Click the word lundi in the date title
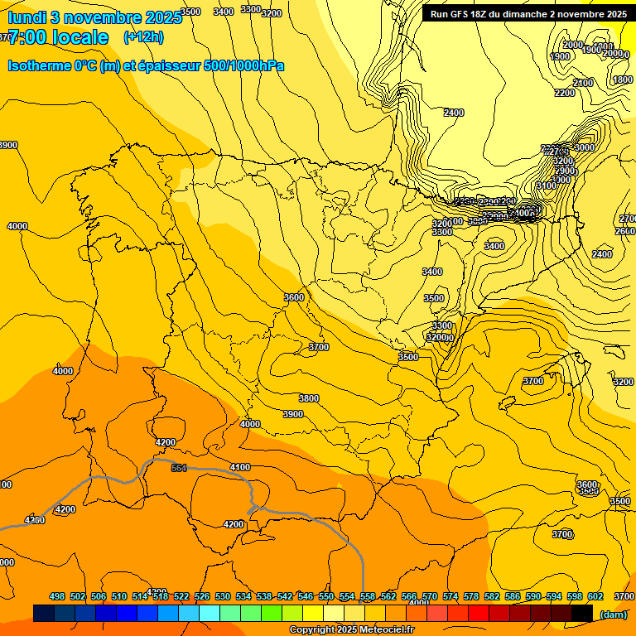[x=26, y=17]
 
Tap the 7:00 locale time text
[x=58, y=37]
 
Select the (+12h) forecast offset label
[x=143, y=37]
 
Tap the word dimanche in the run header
[x=527, y=14]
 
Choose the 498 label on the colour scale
[x=57, y=596]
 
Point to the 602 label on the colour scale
[x=595, y=596]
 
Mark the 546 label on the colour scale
[x=306, y=596]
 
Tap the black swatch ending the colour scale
[x=582, y=613]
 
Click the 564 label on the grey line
[x=179, y=468]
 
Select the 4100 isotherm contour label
[x=239, y=468]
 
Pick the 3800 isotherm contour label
[x=308, y=398]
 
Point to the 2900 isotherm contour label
[x=565, y=171]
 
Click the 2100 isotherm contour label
[x=583, y=83]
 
